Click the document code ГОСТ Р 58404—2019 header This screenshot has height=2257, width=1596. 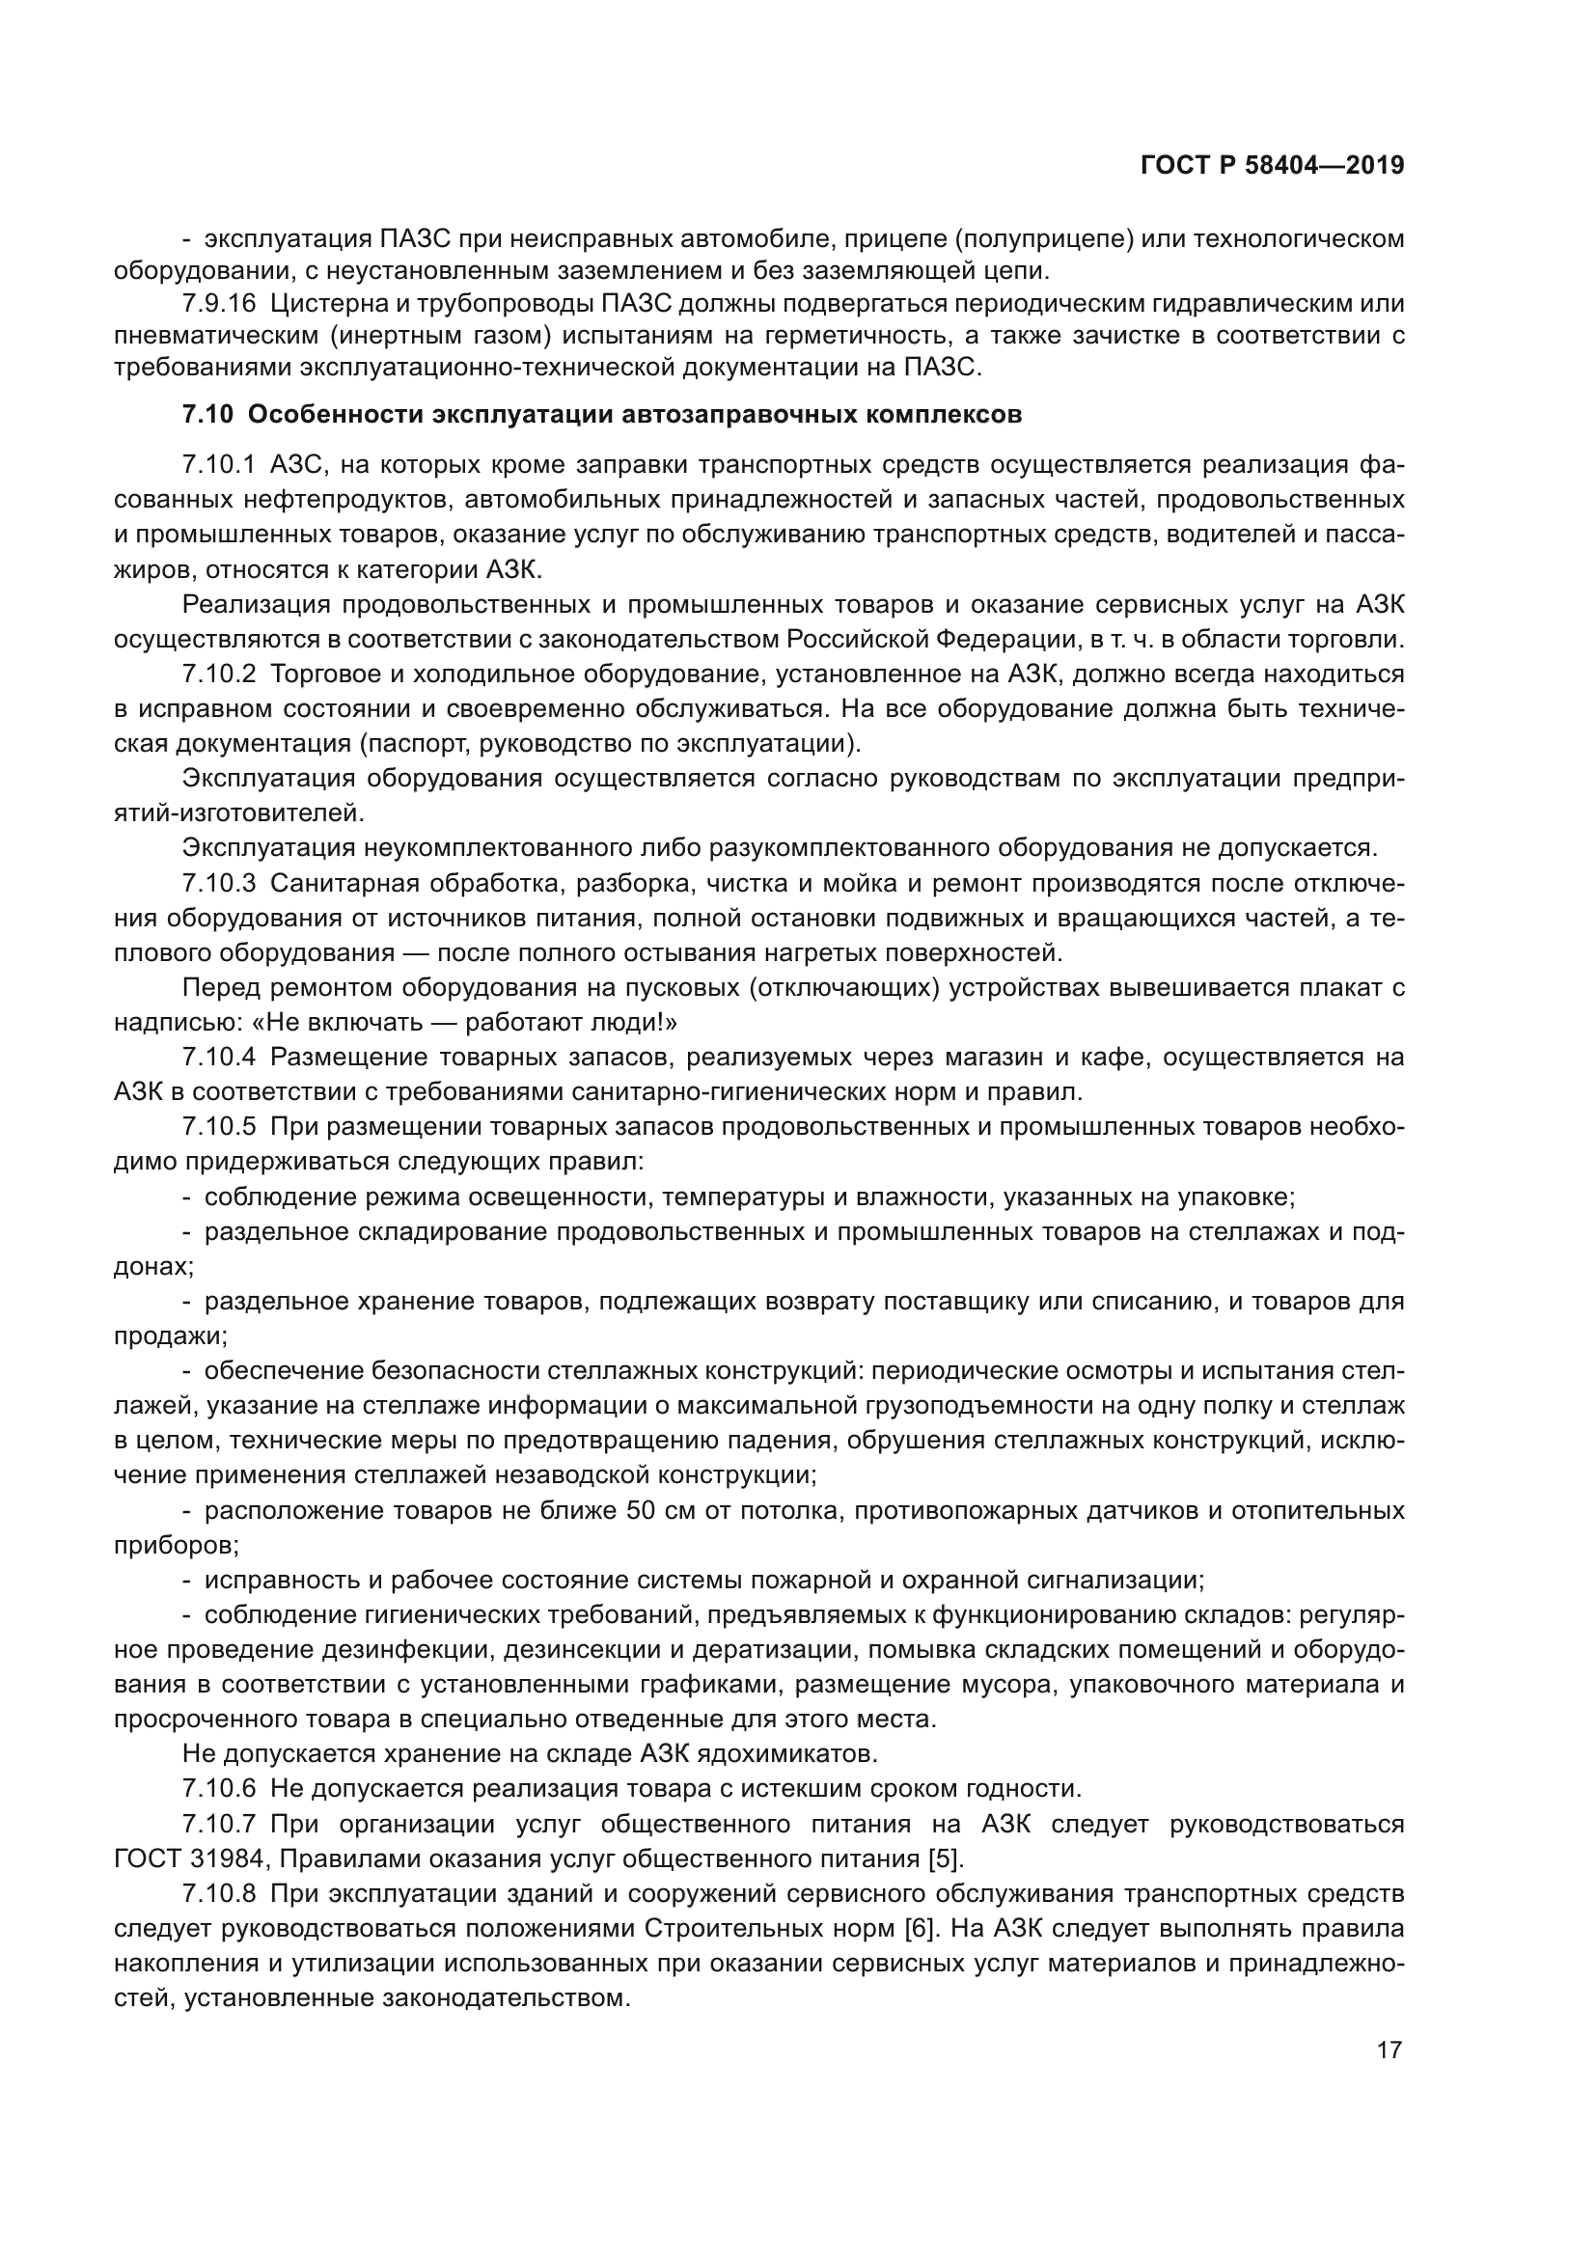1272,166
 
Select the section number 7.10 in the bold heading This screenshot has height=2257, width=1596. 207,415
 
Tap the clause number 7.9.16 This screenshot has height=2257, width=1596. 218,304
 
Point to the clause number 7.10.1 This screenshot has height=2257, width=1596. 218,465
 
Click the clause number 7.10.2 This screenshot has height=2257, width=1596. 218,674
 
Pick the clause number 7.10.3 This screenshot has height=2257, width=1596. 218,884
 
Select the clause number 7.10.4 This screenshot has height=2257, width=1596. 218,1058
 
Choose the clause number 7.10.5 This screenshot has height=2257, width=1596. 218,1126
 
